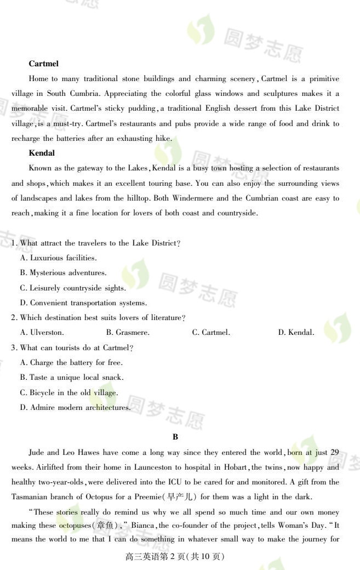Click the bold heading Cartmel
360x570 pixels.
pyautogui.click(x=43, y=64)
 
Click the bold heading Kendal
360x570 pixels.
pyautogui.click(x=42, y=153)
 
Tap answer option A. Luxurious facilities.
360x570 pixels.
pyautogui.click(x=58, y=258)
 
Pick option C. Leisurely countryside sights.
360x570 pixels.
pyautogui.click(x=73, y=288)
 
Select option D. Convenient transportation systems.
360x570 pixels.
pyautogui.click(x=83, y=303)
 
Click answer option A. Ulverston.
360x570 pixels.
pyautogui.click(x=42, y=332)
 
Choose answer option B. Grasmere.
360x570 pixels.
pyautogui.click(x=128, y=332)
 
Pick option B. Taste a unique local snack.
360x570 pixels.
pyautogui.click(x=72, y=377)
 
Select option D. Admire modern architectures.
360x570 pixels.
pyautogui.click(x=75, y=407)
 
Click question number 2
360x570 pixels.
pyautogui.click(x=14, y=317)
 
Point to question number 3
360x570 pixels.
pyautogui.click(x=14, y=347)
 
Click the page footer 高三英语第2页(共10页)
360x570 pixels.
pyautogui.click(x=175, y=556)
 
